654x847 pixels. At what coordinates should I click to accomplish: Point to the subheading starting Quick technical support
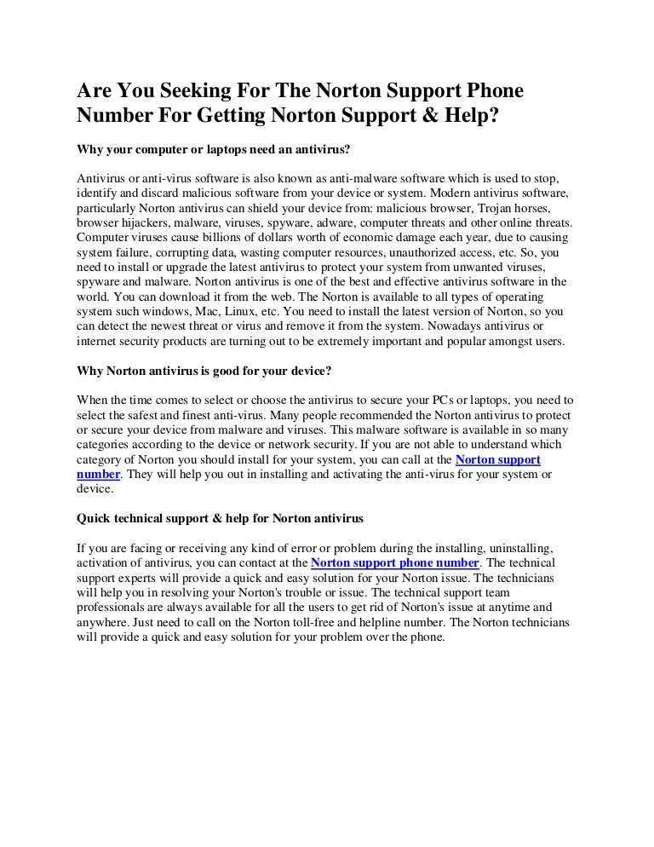221,518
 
